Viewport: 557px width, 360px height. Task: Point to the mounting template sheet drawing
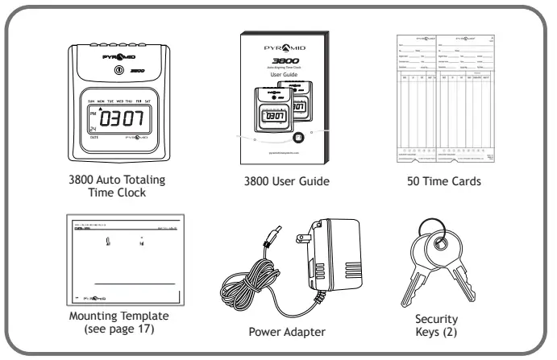point(123,259)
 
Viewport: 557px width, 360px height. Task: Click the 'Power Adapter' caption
point(279,330)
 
